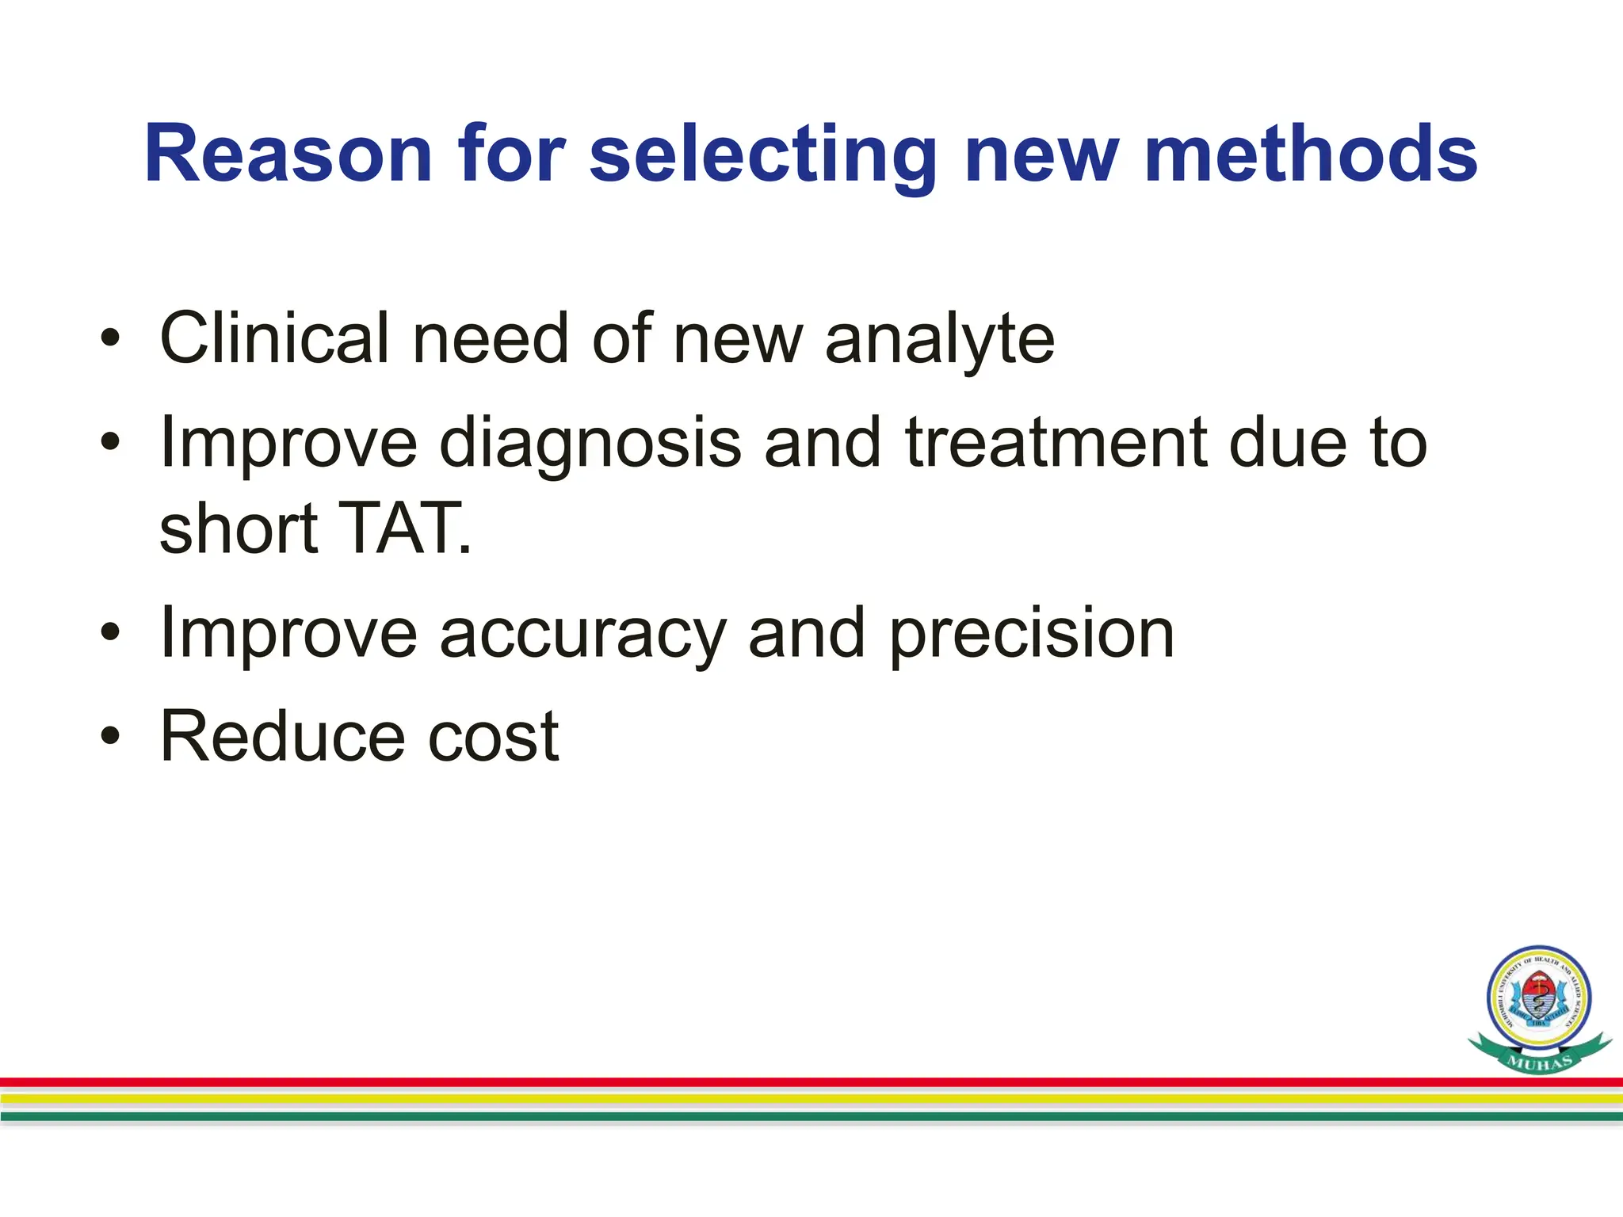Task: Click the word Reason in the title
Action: (288, 155)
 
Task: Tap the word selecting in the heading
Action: (763, 156)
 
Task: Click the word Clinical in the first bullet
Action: (274, 338)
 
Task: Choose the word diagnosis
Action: (590, 444)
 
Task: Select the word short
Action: (239, 528)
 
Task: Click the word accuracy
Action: (582, 635)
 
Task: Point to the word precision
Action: (1031, 635)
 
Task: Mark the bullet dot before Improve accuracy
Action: (110, 633)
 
